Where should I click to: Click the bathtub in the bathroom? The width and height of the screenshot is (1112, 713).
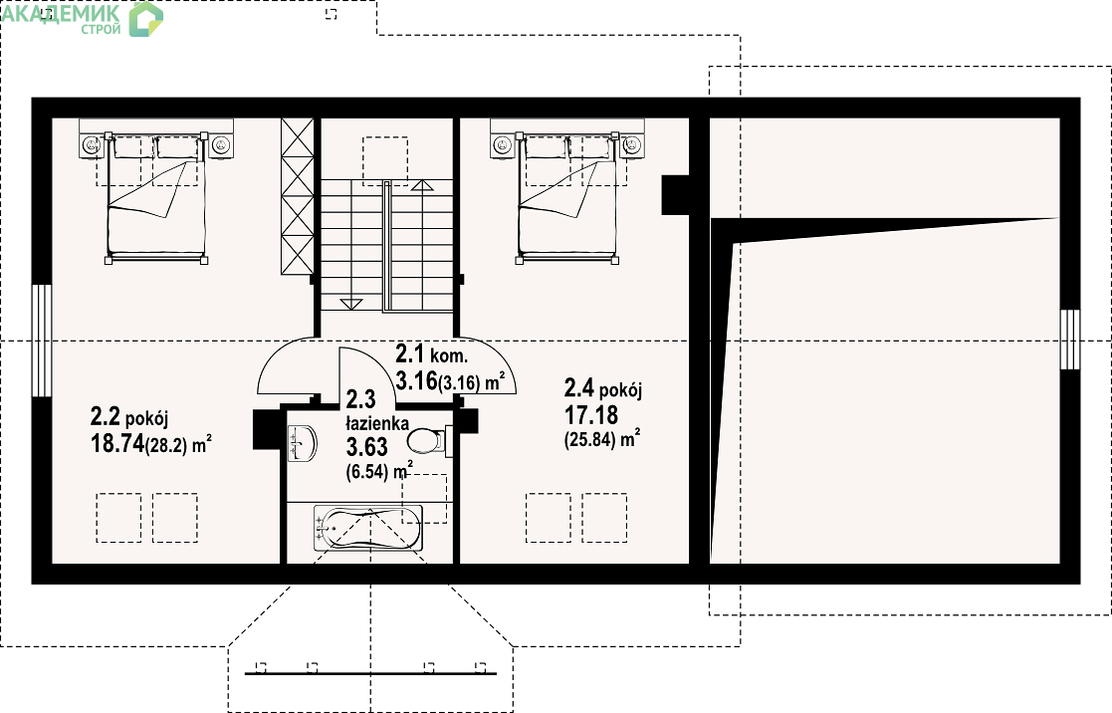coord(367,528)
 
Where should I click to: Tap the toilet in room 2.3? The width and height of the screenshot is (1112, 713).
coord(427,440)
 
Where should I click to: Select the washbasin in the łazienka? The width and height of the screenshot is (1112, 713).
coord(302,443)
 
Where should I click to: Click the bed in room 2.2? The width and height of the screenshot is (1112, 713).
coord(156,198)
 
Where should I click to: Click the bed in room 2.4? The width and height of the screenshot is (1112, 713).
coord(567,198)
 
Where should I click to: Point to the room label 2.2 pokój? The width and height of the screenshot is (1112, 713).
coord(129,416)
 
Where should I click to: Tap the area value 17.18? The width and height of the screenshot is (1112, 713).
coord(590,414)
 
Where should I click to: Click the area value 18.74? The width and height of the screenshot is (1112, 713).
coord(117,443)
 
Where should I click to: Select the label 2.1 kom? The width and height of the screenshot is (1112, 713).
coord(431,354)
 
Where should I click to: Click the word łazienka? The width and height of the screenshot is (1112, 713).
coord(377,423)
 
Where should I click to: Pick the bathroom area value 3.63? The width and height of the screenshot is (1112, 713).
coord(366,447)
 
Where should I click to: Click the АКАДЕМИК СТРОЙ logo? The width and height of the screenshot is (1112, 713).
coord(83,19)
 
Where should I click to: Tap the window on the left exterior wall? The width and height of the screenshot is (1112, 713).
coord(42,341)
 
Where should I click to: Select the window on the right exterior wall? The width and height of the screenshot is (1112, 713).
coord(1070,340)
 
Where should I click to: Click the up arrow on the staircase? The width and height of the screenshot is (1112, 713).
coord(422,186)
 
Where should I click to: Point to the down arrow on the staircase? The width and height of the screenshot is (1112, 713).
coord(351,305)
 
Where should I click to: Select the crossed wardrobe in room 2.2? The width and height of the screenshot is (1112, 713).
coord(297,196)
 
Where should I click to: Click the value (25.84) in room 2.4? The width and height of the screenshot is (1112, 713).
coord(590,440)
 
